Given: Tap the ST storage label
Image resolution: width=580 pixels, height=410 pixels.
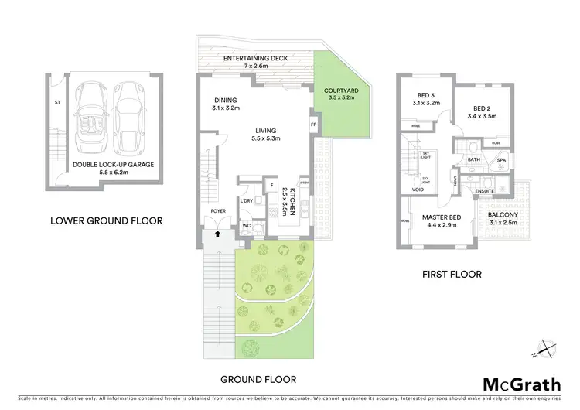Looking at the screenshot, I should click(57, 101).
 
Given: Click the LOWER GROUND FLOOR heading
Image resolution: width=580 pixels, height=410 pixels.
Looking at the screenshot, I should click(106, 220).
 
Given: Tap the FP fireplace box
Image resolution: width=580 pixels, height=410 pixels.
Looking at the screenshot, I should click(313, 125).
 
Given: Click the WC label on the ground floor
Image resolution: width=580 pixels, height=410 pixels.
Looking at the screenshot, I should click(245, 227).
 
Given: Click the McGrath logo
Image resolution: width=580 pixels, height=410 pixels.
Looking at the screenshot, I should click(522, 384).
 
